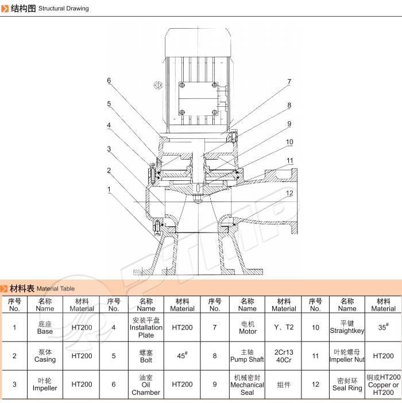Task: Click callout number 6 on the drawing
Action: (x=109, y=80)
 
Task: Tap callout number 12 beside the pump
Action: (x=290, y=193)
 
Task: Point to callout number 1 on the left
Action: (x=109, y=189)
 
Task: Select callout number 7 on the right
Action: (x=289, y=82)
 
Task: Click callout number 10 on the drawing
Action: (x=290, y=142)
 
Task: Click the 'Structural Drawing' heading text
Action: (x=64, y=9)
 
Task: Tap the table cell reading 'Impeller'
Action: (x=45, y=384)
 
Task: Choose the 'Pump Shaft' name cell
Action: (x=247, y=356)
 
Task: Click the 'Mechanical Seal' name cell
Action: (x=247, y=385)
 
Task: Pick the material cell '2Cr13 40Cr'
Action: (x=284, y=356)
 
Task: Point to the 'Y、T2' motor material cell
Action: (x=284, y=327)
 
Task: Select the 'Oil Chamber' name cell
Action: (x=146, y=385)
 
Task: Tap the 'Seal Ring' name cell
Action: (x=347, y=385)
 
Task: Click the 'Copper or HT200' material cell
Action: (x=383, y=385)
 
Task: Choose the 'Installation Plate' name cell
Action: (x=146, y=327)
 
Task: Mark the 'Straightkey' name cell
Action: (x=347, y=327)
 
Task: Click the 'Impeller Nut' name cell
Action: (x=347, y=356)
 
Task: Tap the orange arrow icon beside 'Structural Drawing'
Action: (x=6, y=9)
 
